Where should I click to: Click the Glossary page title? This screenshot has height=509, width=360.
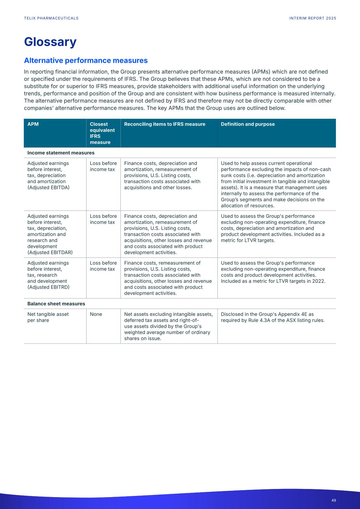point(50,42)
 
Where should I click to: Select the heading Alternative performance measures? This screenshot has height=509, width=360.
point(86,60)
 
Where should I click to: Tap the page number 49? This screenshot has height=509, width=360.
point(334,500)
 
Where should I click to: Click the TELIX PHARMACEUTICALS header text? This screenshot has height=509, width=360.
point(51,18)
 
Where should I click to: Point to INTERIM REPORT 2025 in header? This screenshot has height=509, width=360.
point(313,18)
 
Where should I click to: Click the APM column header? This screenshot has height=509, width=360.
point(33,124)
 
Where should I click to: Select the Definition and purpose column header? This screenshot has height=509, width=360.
point(248,124)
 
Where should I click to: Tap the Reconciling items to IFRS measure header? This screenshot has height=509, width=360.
point(165,124)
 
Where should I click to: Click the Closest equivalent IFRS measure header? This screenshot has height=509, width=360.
point(102,133)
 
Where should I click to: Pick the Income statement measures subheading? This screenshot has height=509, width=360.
point(61,153)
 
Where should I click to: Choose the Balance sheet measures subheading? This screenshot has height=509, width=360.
point(56,304)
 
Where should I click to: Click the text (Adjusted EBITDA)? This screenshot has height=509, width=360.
point(48,188)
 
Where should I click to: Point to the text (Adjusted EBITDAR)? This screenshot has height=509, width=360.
point(50,253)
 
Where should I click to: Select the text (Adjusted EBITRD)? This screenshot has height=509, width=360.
point(48,287)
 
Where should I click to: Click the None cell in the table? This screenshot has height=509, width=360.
point(96,314)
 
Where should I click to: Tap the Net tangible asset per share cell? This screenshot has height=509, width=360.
point(48,317)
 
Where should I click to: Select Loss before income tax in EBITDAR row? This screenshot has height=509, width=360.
point(103,219)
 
